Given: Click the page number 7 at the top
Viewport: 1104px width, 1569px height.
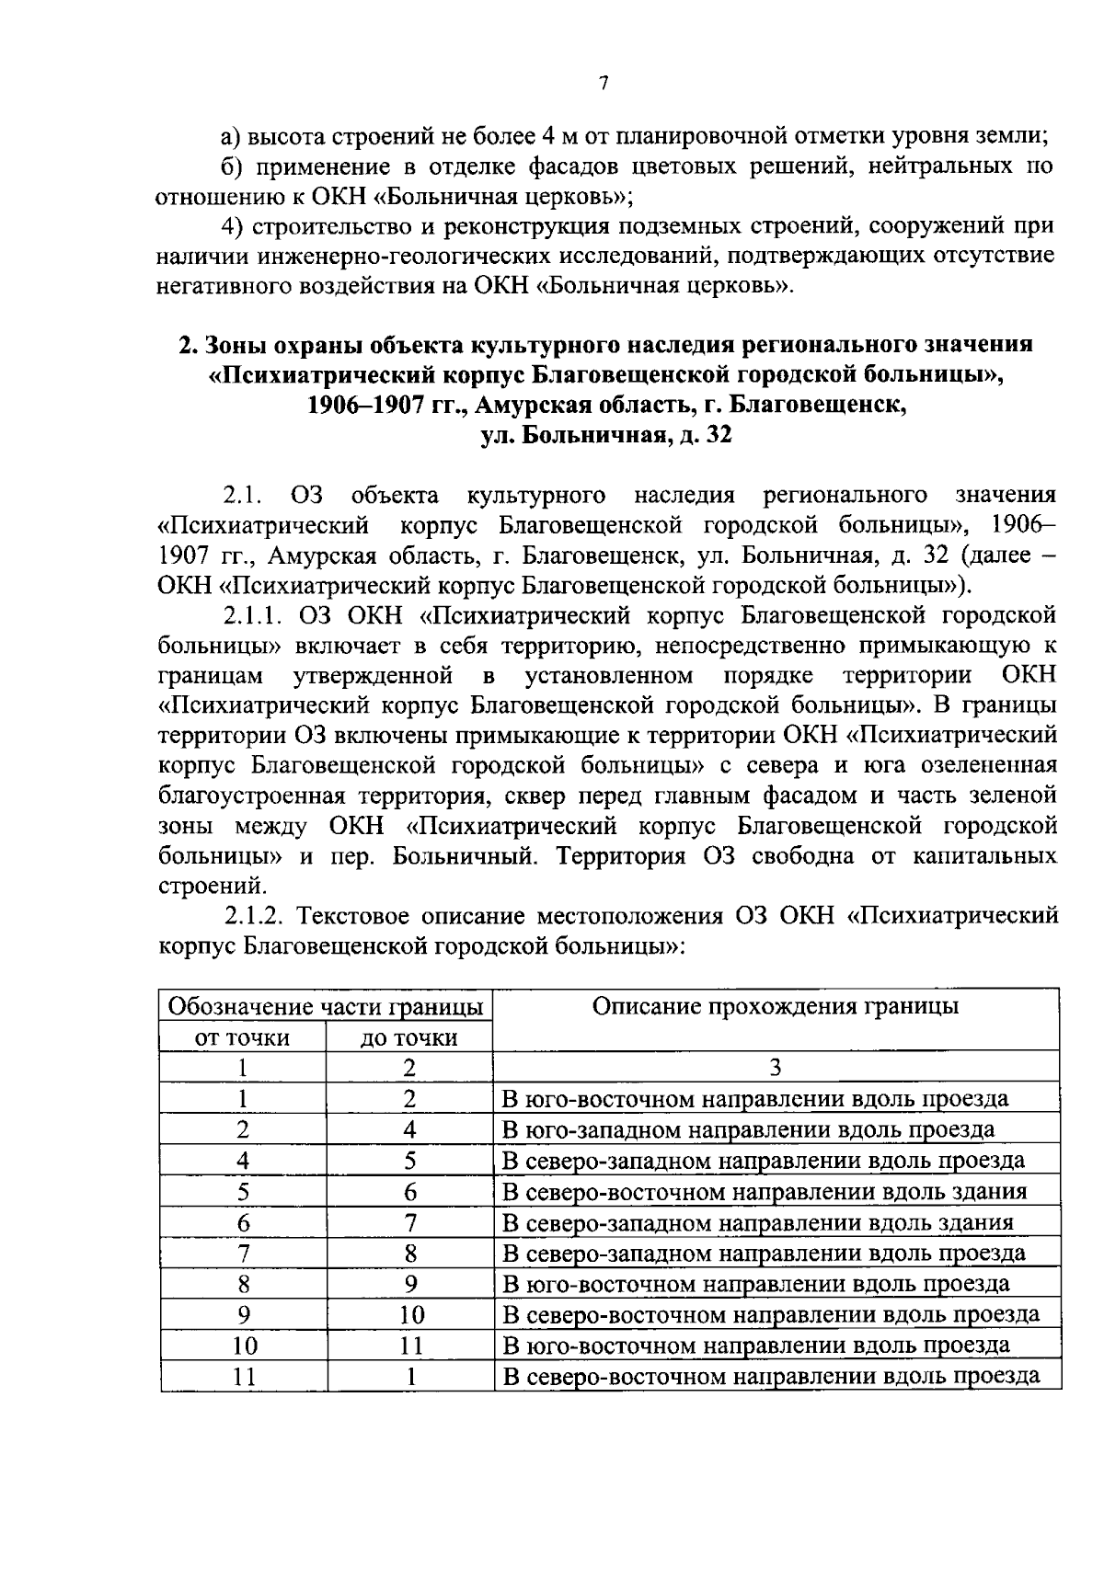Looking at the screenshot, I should point(603,84).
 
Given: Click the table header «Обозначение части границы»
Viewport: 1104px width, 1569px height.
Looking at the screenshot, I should point(326,1006).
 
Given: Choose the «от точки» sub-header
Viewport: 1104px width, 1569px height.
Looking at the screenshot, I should point(242,1037).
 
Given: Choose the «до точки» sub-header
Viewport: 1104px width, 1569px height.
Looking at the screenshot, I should point(409,1037).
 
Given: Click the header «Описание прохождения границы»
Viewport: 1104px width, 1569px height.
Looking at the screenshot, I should point(776,1006).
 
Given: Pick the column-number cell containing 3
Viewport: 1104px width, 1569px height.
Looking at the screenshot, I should point(776,1068).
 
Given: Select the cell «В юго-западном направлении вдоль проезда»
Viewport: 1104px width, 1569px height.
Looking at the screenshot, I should point(748,1129).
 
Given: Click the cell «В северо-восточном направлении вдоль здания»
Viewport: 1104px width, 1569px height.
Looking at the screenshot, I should point(764,1192).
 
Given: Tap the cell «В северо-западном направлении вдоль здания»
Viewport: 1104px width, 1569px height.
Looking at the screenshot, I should point(757,1223).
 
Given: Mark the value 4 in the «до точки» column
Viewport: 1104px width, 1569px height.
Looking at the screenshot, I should point(409,1129).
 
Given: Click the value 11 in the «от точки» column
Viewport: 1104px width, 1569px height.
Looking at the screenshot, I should point(243,1377).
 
